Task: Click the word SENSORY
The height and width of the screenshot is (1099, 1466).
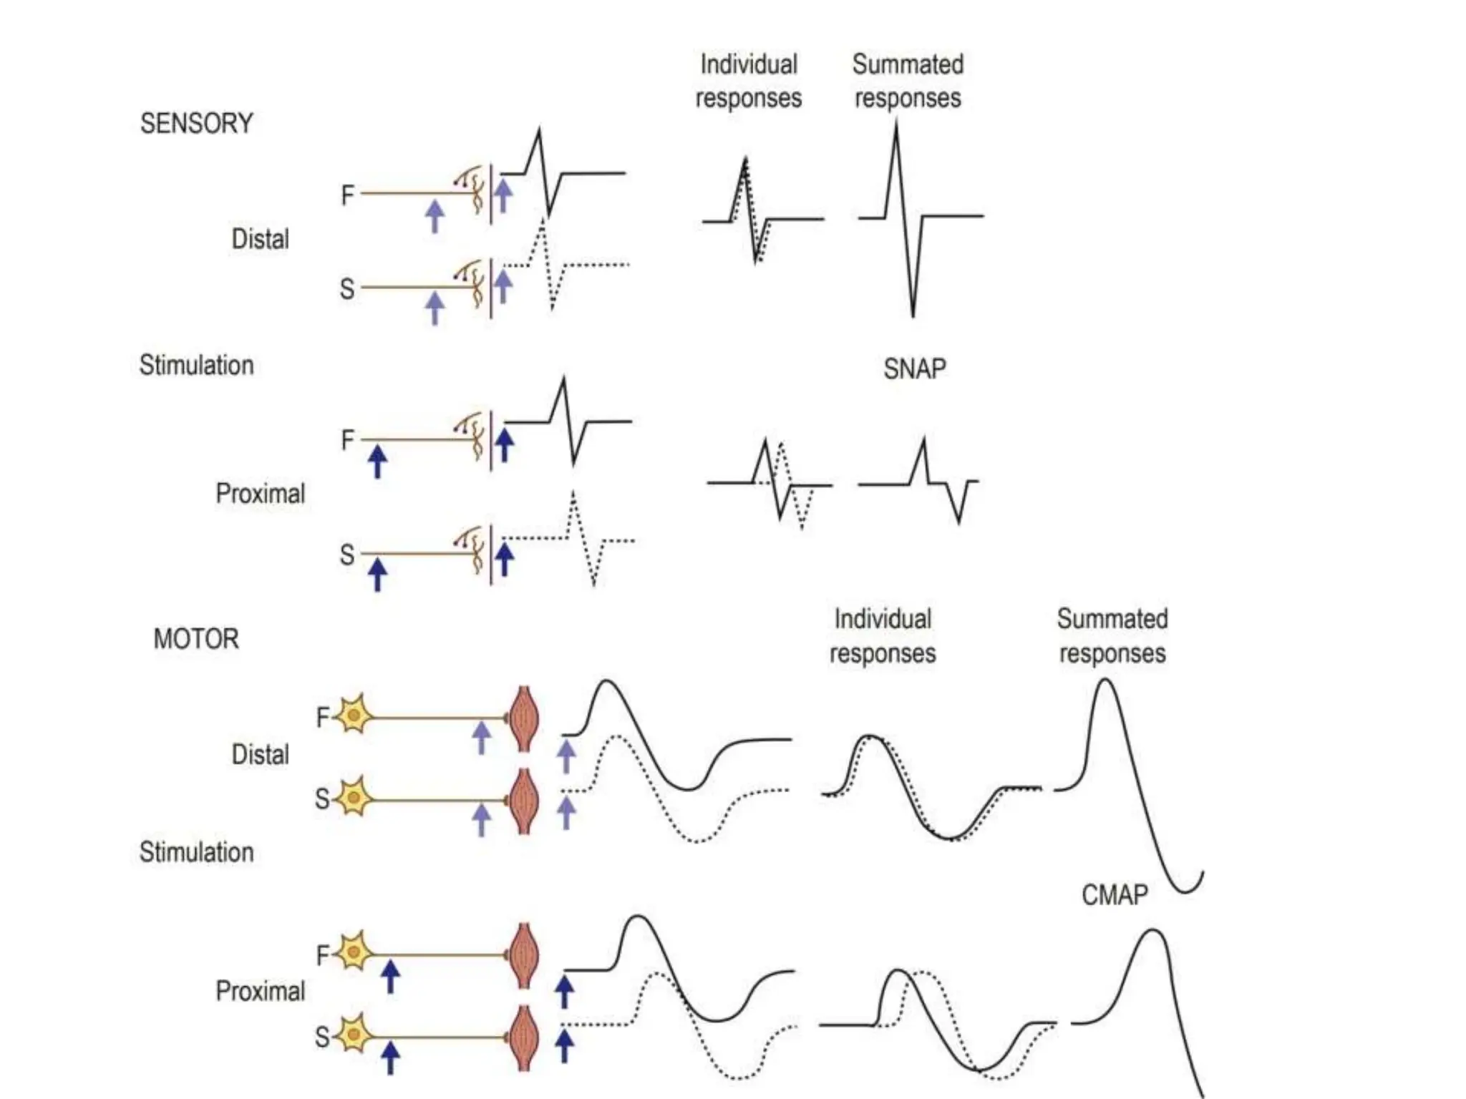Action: pyautogui.click(x=196, y=124)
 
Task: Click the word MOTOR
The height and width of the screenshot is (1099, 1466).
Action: pyautogui.click(x=195, y=638)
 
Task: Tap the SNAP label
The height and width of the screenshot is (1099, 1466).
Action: pyautogui.click(x=914, y=369)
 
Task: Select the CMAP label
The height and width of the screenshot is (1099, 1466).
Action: pyautogui.click(x=1114, y=894)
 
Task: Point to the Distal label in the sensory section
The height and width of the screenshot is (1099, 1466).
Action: pyautogui.click(x=260, y=239)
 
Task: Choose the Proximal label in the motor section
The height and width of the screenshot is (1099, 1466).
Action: pyautogui.click(x=260, y=992)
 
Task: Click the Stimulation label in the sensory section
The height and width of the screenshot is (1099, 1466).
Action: pyautogui.click(x=196, y=366)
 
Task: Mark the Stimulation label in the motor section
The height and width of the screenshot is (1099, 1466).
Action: pyautogui.click(x=196, y=852)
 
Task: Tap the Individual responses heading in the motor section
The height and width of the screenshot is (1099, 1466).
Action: pyautogui.click(x=882, y=636)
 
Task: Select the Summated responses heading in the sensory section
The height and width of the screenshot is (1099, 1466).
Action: pyautogui.click(x=907, y=81)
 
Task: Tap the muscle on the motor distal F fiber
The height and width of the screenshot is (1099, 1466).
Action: pyautogui.click(x=524, y=718)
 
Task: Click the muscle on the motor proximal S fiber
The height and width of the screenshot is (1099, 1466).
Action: pyautogui.click(x=524, y=1037)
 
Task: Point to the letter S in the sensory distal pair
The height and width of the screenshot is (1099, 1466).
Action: pyautogui.click(x=347, y=289)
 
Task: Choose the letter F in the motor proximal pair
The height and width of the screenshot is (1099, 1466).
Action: pyautogui.click(x=323, y=955)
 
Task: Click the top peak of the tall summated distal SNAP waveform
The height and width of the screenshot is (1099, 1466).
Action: pyautogui.click(x=895, y=126)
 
